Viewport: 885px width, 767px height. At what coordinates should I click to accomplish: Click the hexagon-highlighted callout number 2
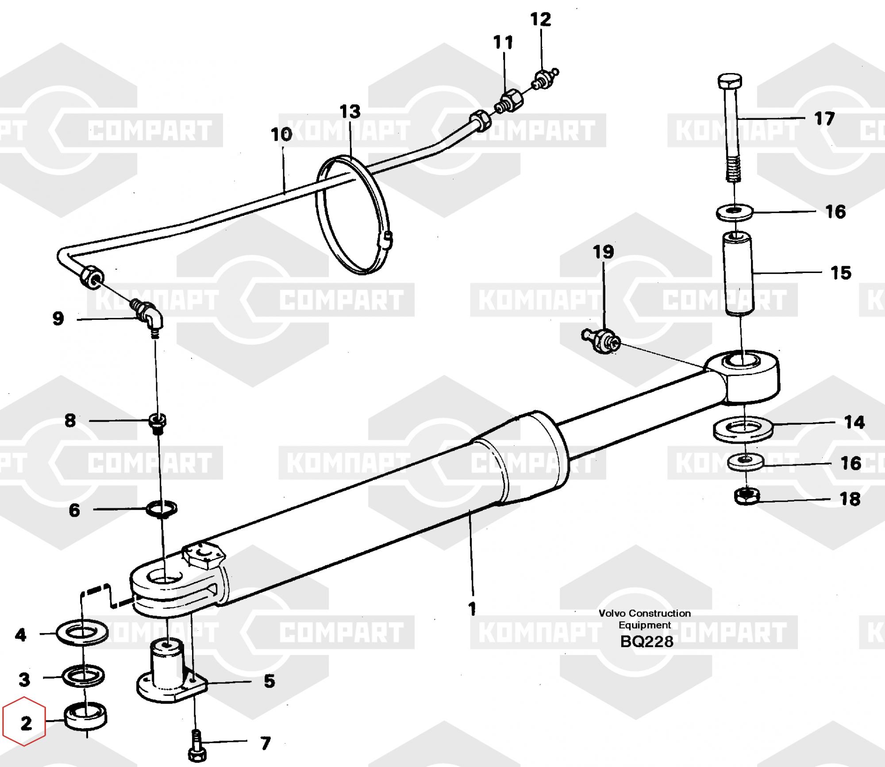click(x=26, y=724)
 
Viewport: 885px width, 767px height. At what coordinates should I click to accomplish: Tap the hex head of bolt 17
click(x=729, y=81)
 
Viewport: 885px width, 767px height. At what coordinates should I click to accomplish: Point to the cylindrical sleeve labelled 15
click(x=737, y=274)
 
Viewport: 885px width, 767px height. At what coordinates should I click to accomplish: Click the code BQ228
click(x=646, y=641)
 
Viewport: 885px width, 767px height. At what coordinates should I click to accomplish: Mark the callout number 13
click(x=350, y=111)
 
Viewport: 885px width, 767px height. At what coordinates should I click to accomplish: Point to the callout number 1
click(x=472, y=609)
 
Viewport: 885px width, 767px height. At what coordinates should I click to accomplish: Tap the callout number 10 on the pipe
click(x=281, y=134)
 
